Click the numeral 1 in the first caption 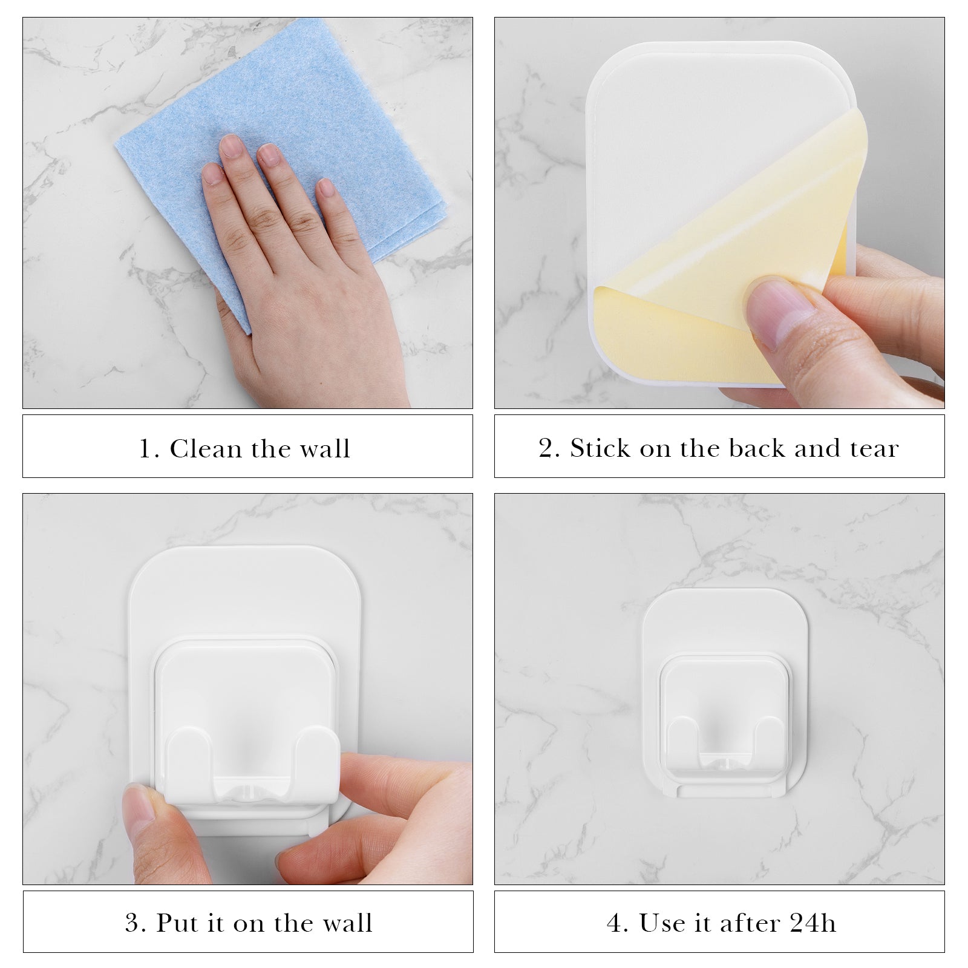point(146,449)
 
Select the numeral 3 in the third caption point(132,923)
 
